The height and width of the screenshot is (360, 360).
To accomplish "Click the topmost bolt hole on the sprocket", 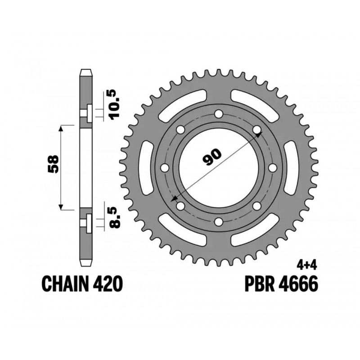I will (x=219, y=114).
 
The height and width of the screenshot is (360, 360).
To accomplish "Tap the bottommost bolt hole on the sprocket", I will (x=219, y=222).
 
